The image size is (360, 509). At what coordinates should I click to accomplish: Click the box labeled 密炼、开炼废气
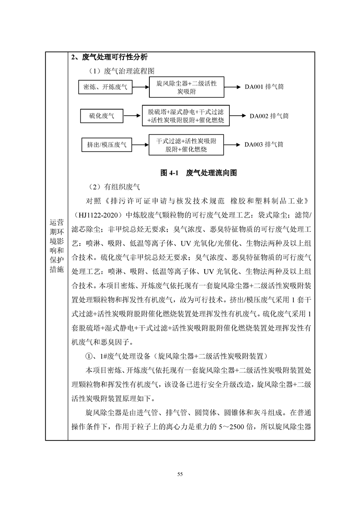pos(105,87)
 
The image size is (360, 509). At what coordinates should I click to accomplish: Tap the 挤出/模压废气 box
pos(107,145)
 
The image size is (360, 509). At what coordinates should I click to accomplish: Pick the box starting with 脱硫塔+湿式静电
pos(186,116)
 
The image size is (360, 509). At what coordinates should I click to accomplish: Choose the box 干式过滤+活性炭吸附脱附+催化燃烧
pos(186,145)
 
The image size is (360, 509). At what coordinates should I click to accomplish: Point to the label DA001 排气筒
pos(264,87)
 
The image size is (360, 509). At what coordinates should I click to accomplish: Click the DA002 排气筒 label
pos(269,116)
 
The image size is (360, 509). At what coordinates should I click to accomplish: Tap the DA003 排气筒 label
pos(264,145)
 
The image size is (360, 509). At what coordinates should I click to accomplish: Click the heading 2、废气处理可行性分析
pos(109,58)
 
